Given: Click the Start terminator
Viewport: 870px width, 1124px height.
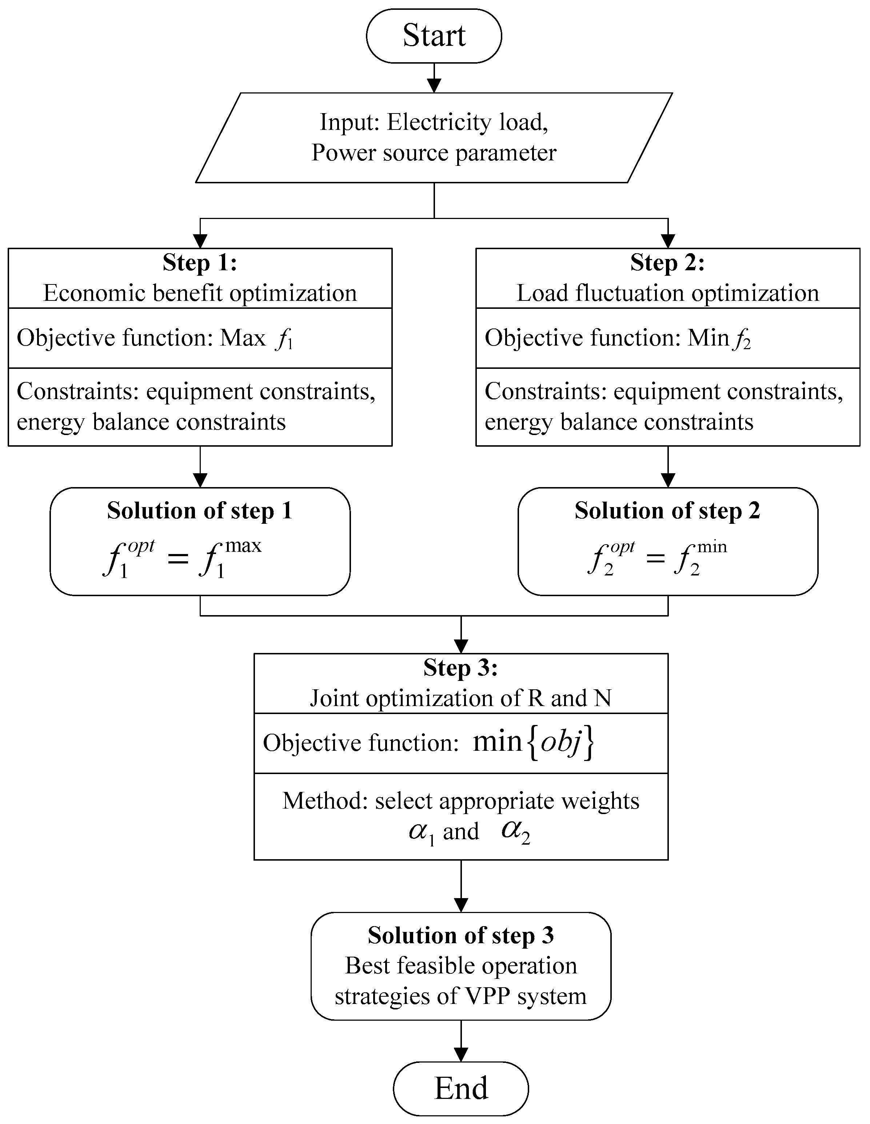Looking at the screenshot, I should click(x=434, y=36).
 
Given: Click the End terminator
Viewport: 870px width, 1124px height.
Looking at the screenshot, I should click(x=460, y=1088).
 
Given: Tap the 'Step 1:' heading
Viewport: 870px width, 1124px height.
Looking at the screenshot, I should click(x=200, y=263).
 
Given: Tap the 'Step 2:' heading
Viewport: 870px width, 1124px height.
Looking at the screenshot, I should click(x=667, y=263).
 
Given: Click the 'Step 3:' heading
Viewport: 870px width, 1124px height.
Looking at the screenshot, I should click(x=460, y=667).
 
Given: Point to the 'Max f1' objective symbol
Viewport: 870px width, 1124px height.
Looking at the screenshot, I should click(x=257, y=339).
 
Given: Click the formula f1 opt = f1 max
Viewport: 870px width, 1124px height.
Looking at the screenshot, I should click(x=183, y=557).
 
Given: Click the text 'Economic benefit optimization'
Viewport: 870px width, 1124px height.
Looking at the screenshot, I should click(x=200, y=293).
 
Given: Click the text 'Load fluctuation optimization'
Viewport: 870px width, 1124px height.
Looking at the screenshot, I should click(x=667, y=293).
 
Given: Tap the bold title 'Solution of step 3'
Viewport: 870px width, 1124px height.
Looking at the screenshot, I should click(x=460, y=935).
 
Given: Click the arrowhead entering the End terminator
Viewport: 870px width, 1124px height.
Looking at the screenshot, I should click(x=460, y=1055).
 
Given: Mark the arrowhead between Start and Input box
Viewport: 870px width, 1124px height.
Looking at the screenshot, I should click(x=434, y=86).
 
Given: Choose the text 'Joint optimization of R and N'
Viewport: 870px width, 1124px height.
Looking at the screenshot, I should click(x=460, y=698).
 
